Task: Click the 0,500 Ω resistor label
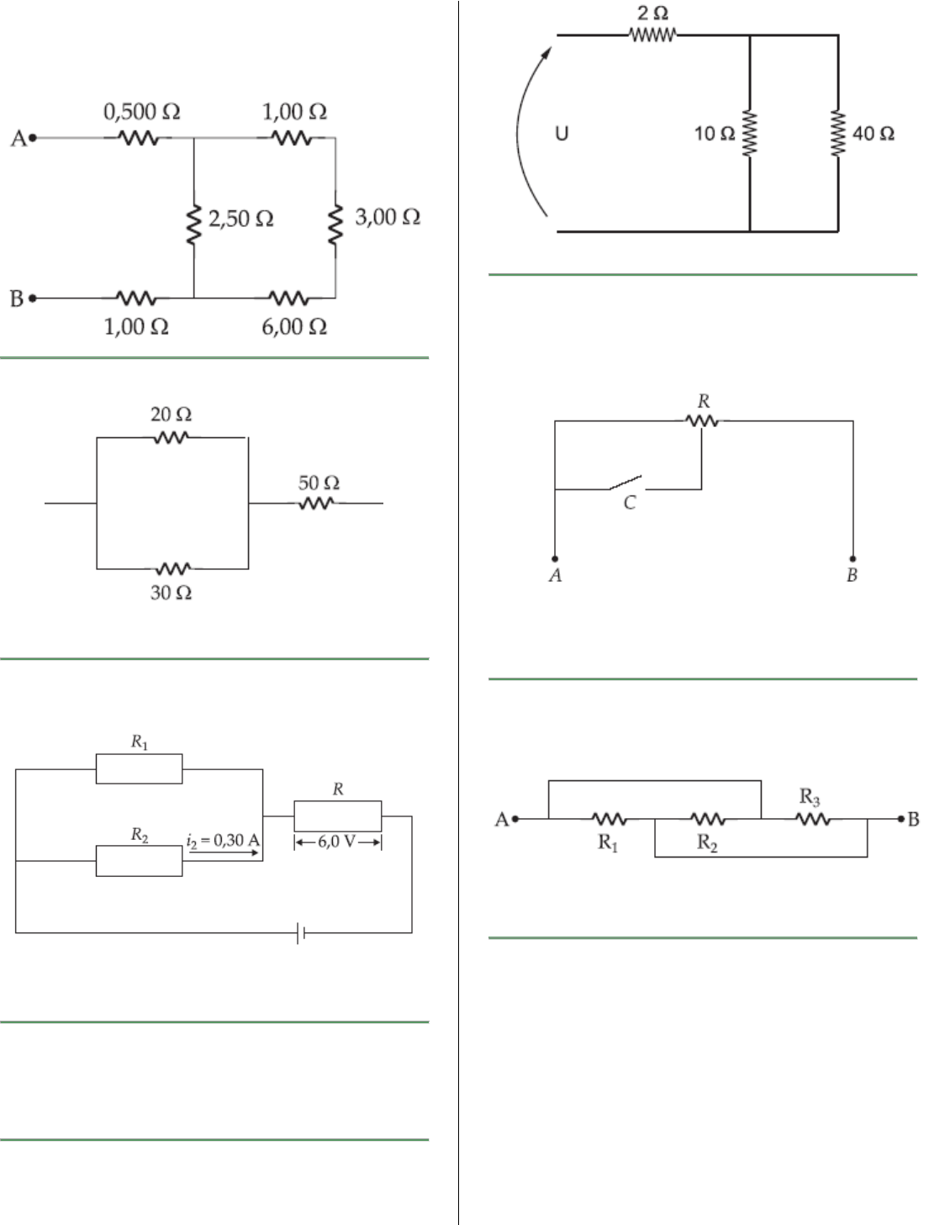pyautogui.click(x=141, y=112)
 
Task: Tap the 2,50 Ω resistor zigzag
pyautogui.click(x=194, y=224)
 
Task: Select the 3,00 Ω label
pyautogui.click(x=388, y=217)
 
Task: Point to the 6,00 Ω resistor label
pyautogui.click(x=294, y=326)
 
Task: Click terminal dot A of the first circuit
pyautogui.click(x=33, y=137)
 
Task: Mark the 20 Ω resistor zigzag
pyautogui.click(x=171, y=437)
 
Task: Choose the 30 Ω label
pyautogui.click(x=171, y=593)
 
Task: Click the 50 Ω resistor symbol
pyautogui.click(x=317, y=503)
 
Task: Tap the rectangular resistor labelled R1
pyautogui.click(x=139, y=769)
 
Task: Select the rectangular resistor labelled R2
pyautogui.click(x=139, y=861)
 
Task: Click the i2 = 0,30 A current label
pyautogui.click(x=223, y=840)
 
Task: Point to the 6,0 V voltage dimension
pyautogui.click(x=337, y=842)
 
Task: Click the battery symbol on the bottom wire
pyautogui.click(x=301, y=932)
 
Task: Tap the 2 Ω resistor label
pyautogui.click(x=652, y=13)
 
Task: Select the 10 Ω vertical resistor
pyautogui.click(x=750, y=134)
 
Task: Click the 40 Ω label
pyautogui.click(x=874, y=134)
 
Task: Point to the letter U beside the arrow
pyautogui.click(x=562, y=133)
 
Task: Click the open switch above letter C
pyautogui.click(x=625, y=483)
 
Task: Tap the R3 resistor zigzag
pyautogui.click(x=813, y=818)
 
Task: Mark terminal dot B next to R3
pyautogui.click(x=901, y=818)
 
